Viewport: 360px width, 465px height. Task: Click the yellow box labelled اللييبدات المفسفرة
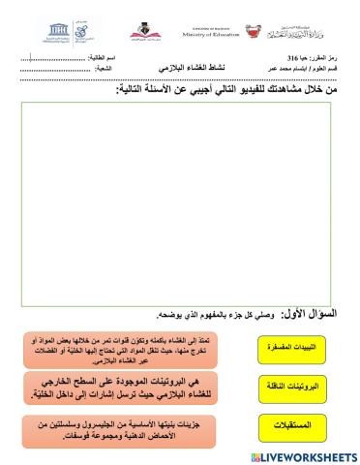pyautogui.click(x=290, y=346)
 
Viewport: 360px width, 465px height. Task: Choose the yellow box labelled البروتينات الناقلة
pyautogui.click(x=290, y=386)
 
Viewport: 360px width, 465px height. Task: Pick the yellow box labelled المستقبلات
pyautogui.click(x=290, y=424)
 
